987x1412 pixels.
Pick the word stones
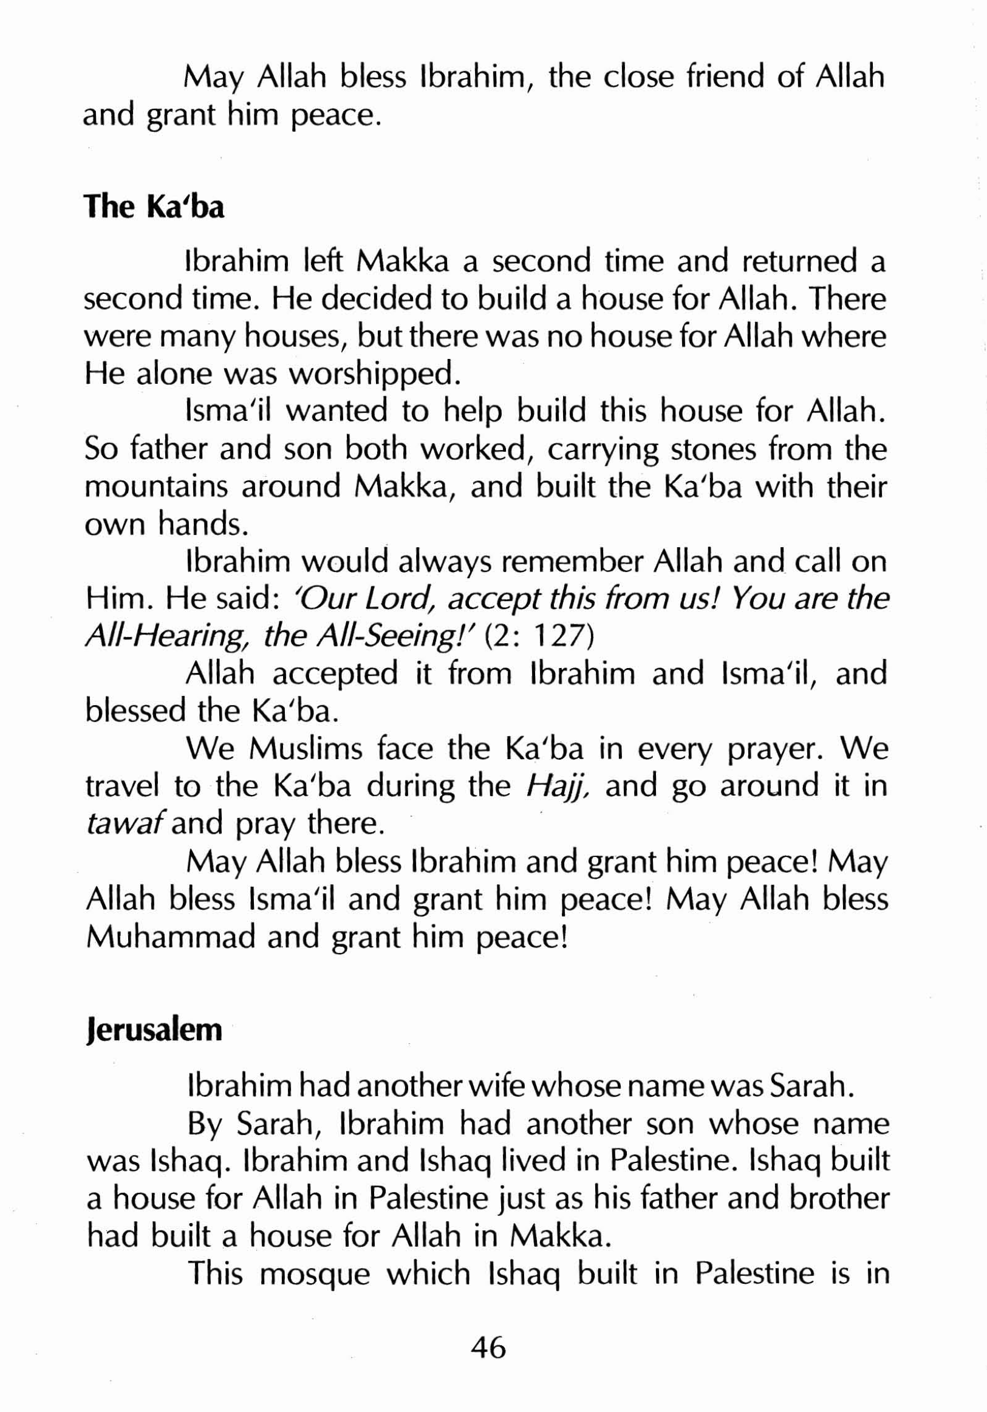tap(714, 449)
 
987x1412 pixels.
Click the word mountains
tap(157, 488)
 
